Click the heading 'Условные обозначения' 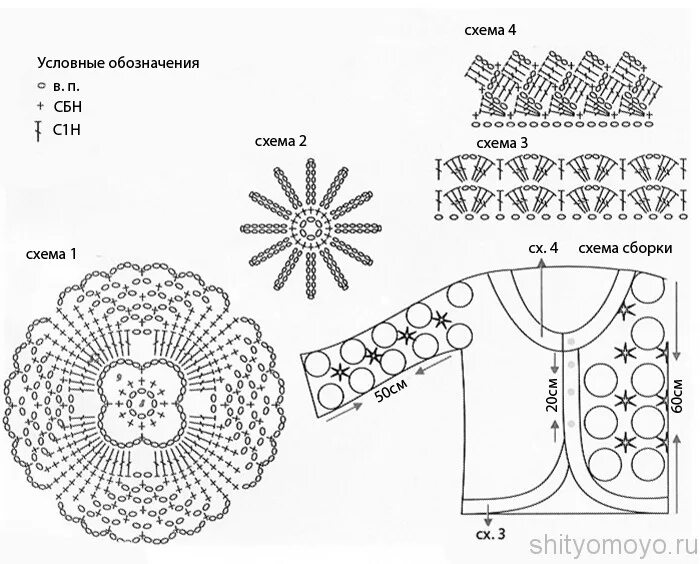click(118, 62)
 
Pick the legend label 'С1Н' click(68, 129)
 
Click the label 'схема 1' click(51, 254)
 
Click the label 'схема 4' click(490, 30)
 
